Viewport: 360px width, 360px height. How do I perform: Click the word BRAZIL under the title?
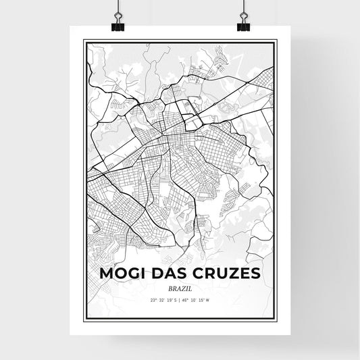[x=179, y=288]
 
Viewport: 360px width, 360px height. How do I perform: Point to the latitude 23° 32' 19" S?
[x=163, y=299]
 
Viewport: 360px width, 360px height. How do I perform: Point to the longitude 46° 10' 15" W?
[x=197, y=299]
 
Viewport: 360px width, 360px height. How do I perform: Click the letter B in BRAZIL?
[x=170, y=288]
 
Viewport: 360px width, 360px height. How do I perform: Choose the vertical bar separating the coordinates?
[x=179, y=299]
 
